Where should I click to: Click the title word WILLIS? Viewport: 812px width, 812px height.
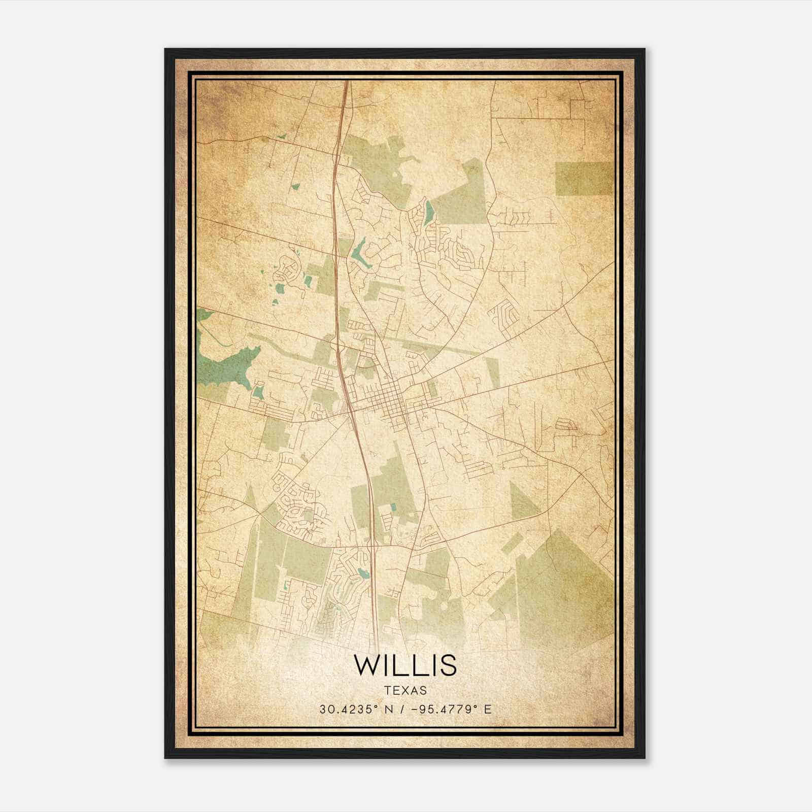tap(405, 665)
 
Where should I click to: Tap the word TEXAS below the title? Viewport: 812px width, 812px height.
tap(405, 690)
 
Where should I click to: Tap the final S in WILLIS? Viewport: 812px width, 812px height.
tap(447, 665)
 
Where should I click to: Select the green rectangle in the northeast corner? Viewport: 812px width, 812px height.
tap(584, 179)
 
